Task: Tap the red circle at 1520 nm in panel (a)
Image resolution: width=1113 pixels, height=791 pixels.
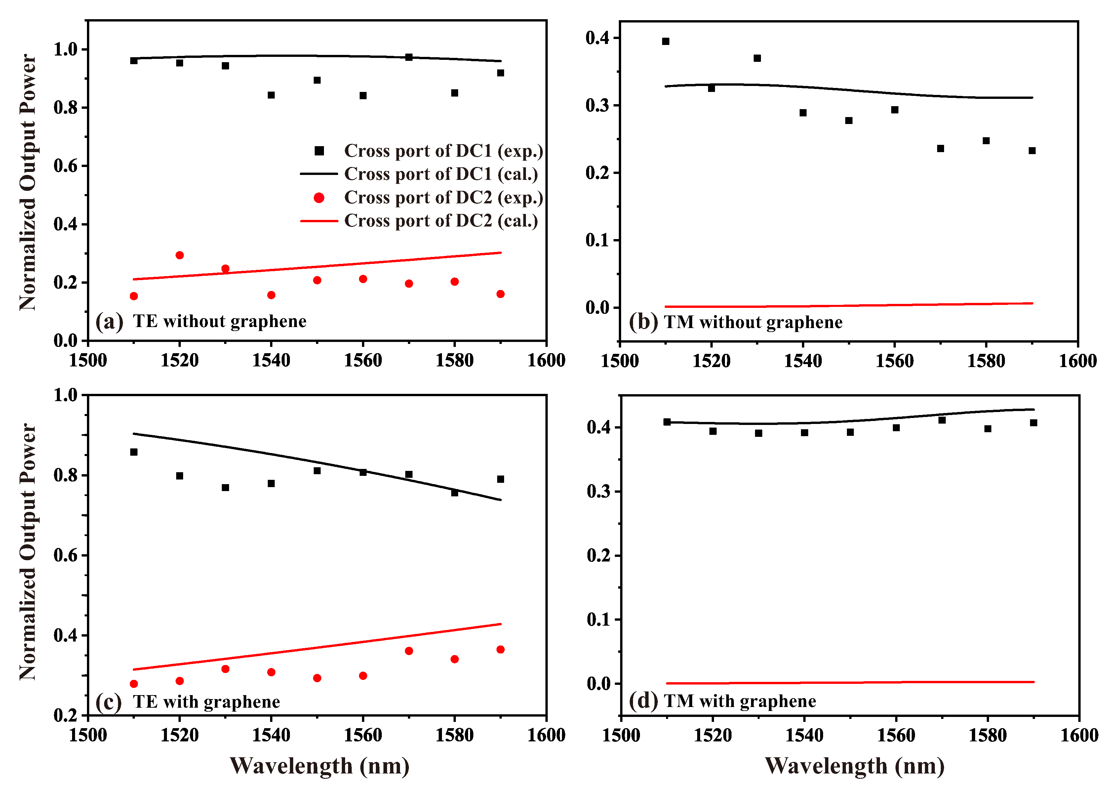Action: [179, 255]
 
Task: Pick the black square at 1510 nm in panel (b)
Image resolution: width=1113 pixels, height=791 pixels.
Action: [665, 41]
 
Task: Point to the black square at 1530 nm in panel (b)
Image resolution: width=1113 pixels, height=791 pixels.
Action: [757, 59]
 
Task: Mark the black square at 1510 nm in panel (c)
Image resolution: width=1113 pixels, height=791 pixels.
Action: [134, 452]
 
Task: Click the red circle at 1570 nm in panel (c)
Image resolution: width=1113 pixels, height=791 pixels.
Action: [409, 651]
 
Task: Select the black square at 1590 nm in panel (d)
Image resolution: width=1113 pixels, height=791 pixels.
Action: [1033, 423]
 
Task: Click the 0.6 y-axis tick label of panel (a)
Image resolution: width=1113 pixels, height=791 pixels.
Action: [66, 166]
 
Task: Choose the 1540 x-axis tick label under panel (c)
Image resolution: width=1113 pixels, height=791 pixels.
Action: [271, 735]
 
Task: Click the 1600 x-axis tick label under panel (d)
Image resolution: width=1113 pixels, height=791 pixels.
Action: [1079, 735]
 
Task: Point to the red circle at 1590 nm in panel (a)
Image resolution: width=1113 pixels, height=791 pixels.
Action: [500, 294]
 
